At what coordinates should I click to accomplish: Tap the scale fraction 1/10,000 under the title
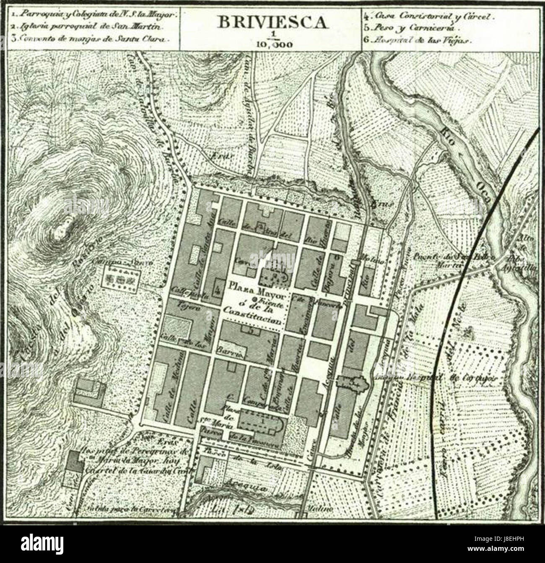tap(272, 41)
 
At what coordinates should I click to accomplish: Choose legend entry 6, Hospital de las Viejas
tap(419, 41)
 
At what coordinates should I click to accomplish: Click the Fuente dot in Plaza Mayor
tap(254, 299)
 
